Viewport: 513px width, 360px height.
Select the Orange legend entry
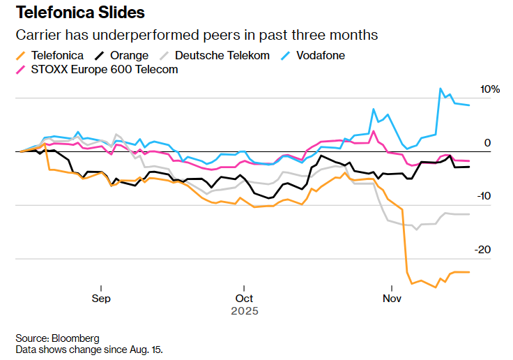(125, 55)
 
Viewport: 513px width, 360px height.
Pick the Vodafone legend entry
(319, 55)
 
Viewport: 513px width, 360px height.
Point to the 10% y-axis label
(490, 89)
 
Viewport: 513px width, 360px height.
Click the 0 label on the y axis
(488, 143)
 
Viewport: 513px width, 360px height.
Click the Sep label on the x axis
(101, 298)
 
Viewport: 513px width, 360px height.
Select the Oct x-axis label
(244, 298)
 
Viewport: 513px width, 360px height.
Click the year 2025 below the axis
(244, 310)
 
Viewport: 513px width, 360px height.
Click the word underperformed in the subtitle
(144, 35)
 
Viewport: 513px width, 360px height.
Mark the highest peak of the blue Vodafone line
(440, 89)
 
